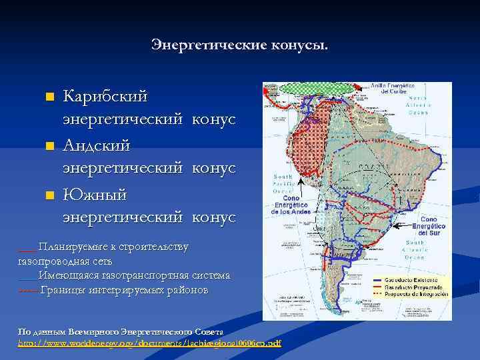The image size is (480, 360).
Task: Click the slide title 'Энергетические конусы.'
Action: [x=239, y=45]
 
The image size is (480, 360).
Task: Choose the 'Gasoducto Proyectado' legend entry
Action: [x=419, y=287]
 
